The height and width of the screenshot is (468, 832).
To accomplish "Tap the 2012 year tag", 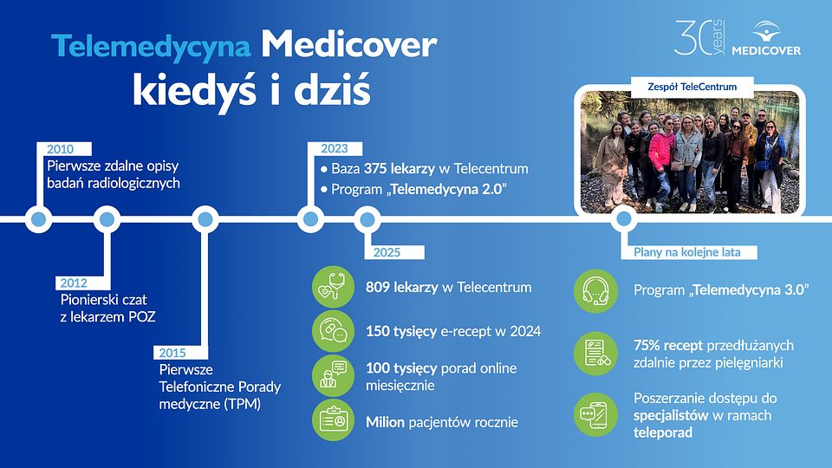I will coord(73,283).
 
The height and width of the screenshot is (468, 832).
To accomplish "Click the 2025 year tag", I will coord(387,252).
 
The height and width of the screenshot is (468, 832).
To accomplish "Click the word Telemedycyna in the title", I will coord(152,46).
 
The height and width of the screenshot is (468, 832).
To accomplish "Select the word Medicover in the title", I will coord(349,46).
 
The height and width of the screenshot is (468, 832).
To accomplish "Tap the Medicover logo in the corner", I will coord(765,39).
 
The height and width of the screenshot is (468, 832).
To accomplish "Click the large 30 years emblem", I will coord(699,39).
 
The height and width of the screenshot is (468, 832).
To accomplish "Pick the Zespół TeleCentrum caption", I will coord(692,87).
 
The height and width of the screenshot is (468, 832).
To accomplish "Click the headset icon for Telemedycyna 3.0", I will coord(595,290).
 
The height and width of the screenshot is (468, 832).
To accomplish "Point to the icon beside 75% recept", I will coord(595,354).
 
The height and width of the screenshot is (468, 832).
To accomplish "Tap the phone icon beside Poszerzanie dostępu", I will coord(595,415).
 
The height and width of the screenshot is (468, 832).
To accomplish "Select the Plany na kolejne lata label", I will coord(688,252).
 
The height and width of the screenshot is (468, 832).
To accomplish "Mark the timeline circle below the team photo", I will coord(621,219).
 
